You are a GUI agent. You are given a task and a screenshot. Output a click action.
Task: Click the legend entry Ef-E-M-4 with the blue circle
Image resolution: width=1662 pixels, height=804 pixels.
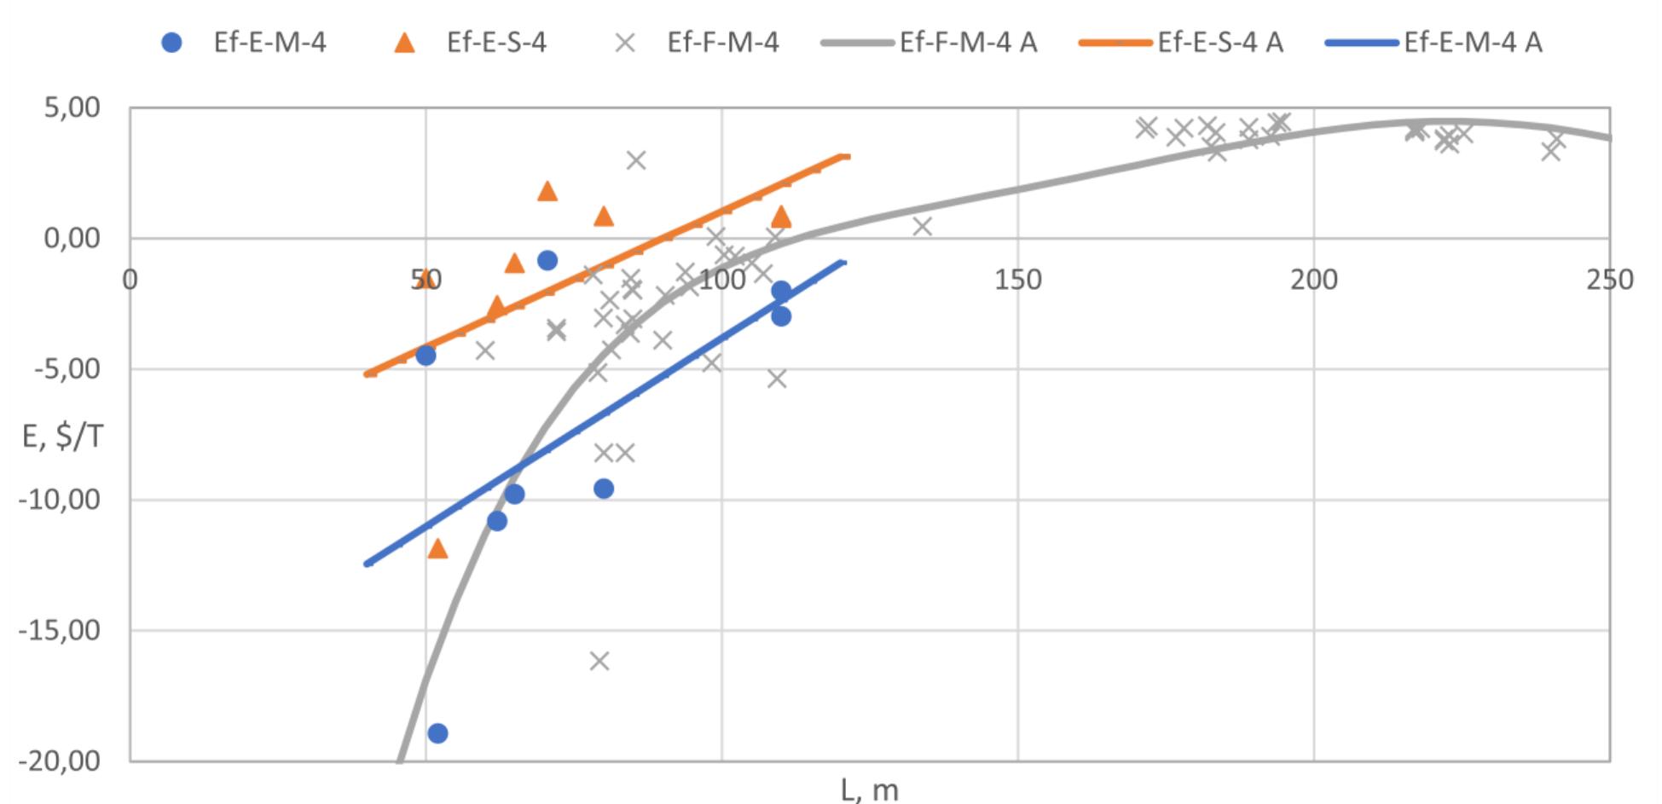244,43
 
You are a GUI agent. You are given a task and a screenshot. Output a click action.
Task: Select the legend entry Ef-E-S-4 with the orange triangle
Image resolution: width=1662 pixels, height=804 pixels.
470,43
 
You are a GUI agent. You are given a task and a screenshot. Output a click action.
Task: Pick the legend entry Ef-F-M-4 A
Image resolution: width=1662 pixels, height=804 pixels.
930,43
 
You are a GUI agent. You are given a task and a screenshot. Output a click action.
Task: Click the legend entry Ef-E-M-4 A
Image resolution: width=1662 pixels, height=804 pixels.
1434,43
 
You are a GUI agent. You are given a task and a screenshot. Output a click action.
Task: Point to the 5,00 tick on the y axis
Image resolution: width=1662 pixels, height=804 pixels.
72,108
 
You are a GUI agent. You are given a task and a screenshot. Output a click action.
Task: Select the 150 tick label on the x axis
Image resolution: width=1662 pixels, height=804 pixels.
1017,280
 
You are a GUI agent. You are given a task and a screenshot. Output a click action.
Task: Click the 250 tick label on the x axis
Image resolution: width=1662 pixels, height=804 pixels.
1609,280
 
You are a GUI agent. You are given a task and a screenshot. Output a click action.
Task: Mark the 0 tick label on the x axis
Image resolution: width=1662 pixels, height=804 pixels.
130,280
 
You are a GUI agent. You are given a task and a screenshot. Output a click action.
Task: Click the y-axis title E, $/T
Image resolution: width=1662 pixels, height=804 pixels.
62,437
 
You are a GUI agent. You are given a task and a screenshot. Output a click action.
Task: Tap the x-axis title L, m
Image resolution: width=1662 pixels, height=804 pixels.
869,790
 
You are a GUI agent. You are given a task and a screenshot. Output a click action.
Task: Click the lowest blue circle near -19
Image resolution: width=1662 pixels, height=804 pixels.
437,733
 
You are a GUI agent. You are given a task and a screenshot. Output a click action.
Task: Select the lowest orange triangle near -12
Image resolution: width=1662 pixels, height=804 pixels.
437,548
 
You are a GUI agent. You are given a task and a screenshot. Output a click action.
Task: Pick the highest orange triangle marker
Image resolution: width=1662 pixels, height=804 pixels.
547,191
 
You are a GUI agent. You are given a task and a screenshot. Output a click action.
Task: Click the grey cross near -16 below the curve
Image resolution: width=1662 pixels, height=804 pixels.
599,661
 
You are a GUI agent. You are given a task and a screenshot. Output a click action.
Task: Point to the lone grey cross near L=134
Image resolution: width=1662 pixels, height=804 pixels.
922,226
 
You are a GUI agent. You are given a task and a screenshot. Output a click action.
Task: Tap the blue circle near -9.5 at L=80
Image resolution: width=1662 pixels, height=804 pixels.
604,489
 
